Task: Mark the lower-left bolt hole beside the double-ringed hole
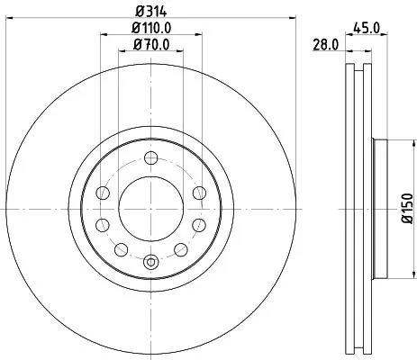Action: point(122,248)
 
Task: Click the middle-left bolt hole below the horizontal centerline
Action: point(102,224)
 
